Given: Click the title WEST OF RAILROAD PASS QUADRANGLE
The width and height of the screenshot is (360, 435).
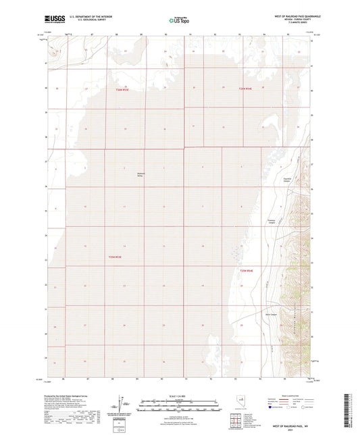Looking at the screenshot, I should coord(287,14).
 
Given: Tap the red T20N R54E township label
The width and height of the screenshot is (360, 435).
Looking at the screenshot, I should coord(249,88).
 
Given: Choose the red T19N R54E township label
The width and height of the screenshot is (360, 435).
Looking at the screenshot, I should coord(246,270).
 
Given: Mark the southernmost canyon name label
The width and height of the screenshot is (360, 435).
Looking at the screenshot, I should coord(271,313).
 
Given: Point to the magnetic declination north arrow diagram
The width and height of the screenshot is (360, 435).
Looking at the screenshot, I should coord(120,403).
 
